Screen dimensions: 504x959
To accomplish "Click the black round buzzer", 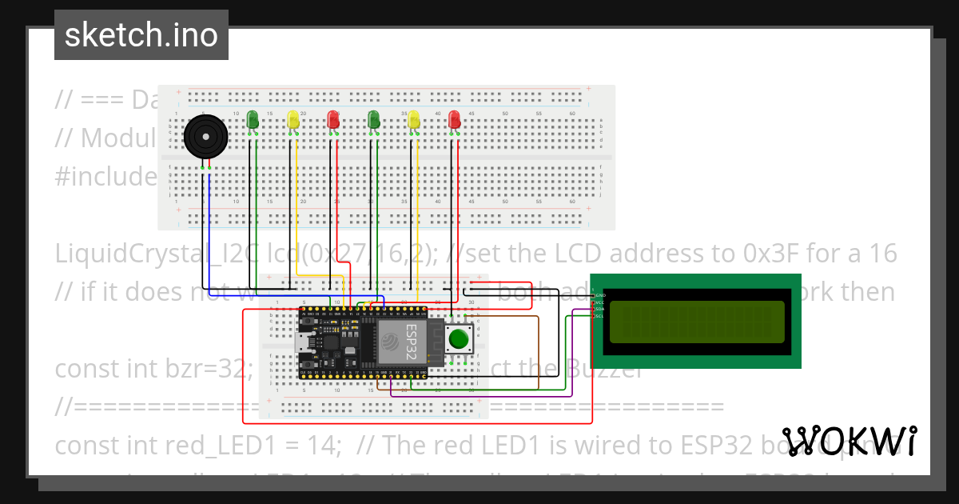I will pos(205,138).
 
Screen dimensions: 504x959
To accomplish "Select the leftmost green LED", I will pos(253,120).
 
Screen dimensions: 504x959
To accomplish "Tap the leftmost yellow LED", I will pos(293,120).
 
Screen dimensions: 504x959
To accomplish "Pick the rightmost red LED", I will pos(455,120).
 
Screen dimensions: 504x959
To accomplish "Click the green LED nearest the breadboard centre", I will pos(373,120).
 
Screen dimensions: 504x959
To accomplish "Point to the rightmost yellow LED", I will pos(414,120).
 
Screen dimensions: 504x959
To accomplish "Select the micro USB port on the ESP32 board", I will pos(304,342).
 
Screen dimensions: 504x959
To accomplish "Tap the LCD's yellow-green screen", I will pos(695,322).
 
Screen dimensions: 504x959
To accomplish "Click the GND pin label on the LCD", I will pos(600,296).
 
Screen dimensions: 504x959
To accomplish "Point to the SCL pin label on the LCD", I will pos(599,316).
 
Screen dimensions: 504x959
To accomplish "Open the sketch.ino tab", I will pos(141,35).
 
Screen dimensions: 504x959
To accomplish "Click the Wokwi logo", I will pos(849,441).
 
